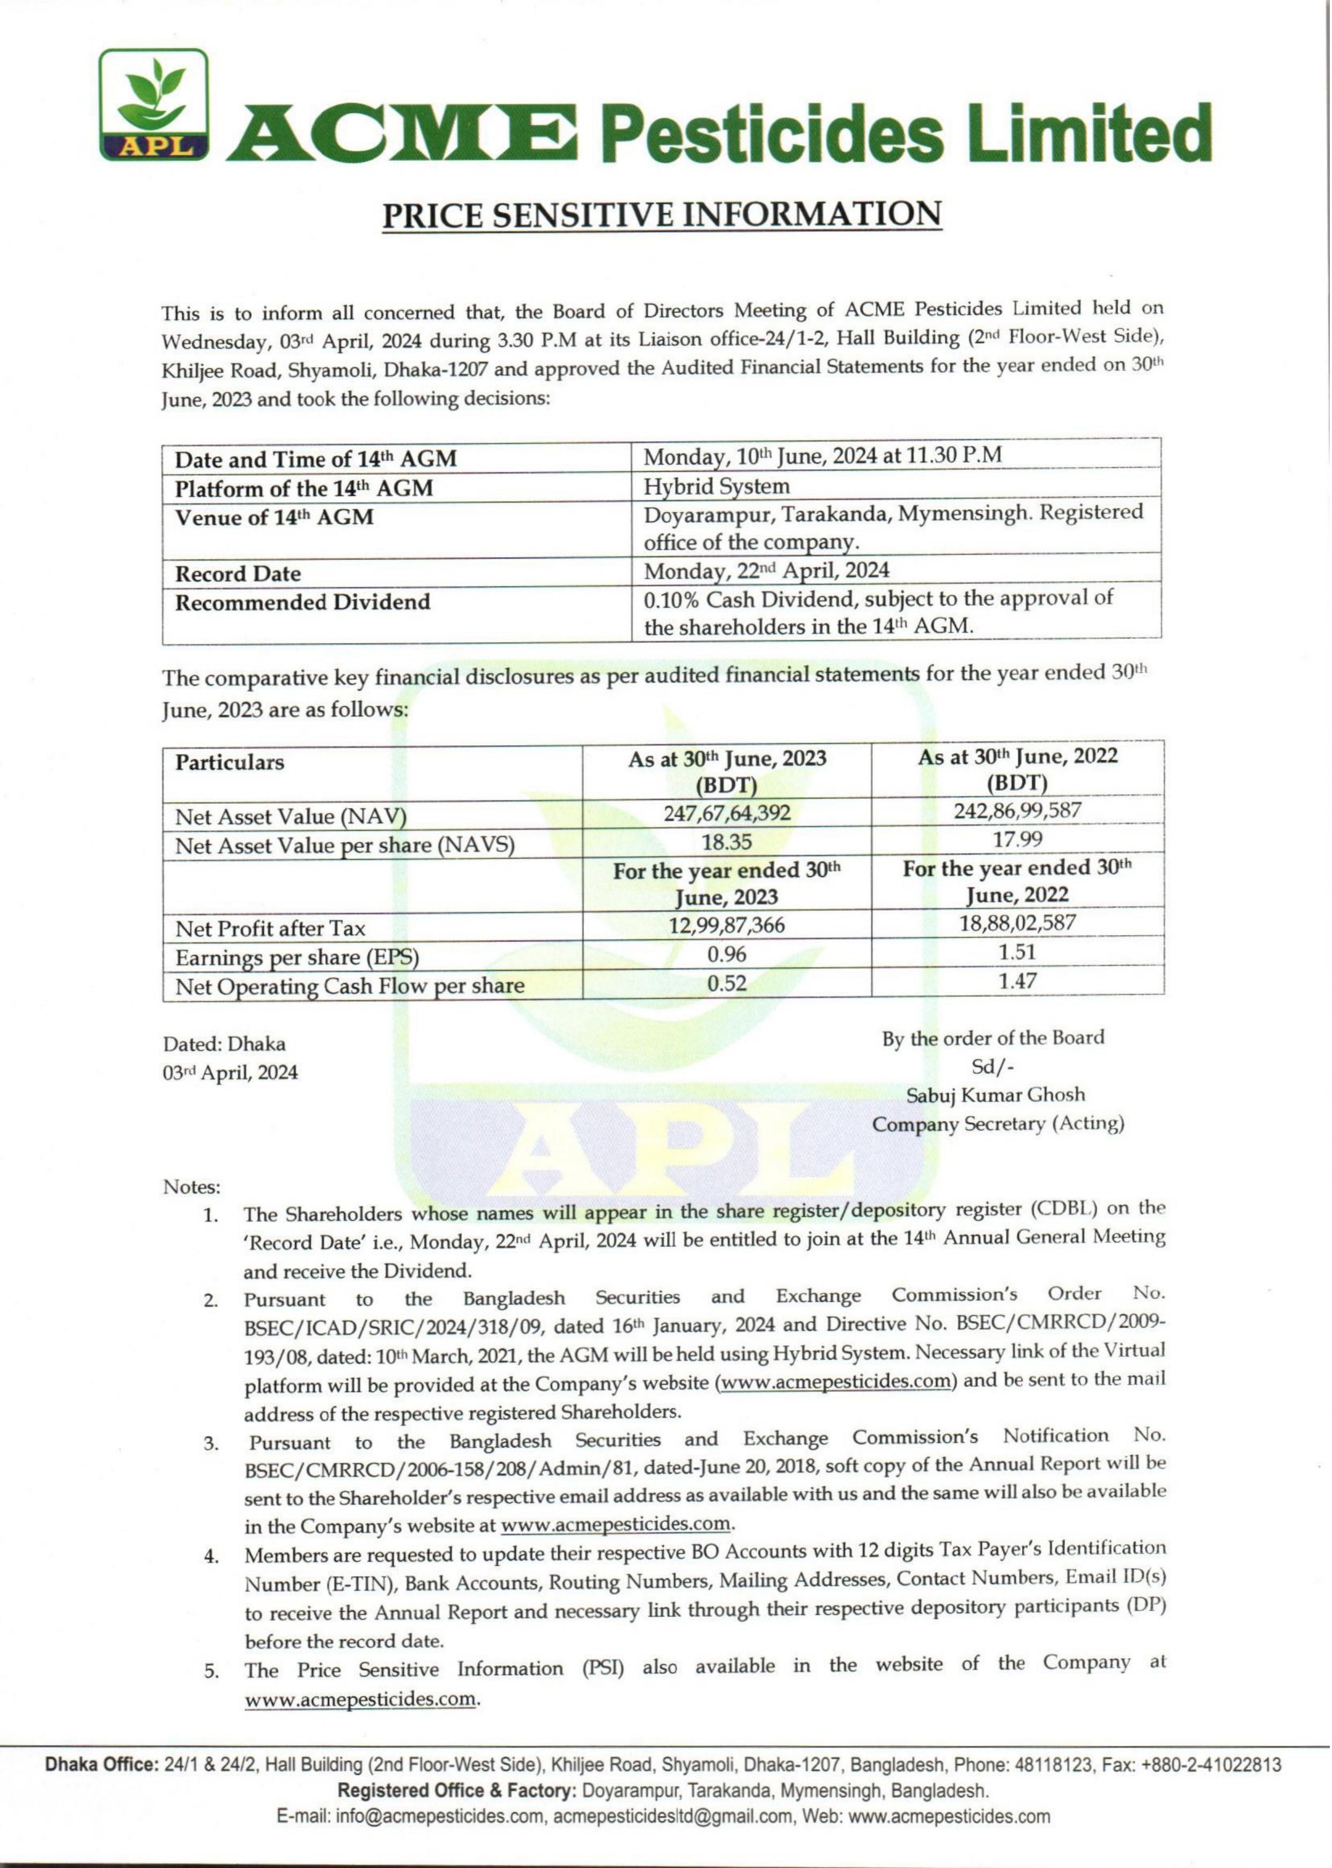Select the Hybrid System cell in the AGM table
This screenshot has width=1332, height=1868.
click(x=716, y=486)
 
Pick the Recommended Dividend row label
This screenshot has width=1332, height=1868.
click(x=302, y=602)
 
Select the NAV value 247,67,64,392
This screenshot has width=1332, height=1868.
click(x=726, y=813)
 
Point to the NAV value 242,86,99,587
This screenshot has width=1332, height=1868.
click(x=1017, y=810)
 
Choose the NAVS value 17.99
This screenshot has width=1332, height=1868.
click(x=1018, y=840)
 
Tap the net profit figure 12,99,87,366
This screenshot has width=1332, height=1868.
click(x=726, y=925)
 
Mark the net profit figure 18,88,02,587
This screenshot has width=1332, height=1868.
click(x=1018, y=923)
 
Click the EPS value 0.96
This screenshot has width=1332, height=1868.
click(x=726, y=954)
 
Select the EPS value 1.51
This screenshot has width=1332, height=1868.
click(x=1018, y=951)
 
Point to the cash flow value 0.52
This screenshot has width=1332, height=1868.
click(x=726, y=983)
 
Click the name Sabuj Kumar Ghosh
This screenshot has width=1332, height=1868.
click(x=996, y=1095)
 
